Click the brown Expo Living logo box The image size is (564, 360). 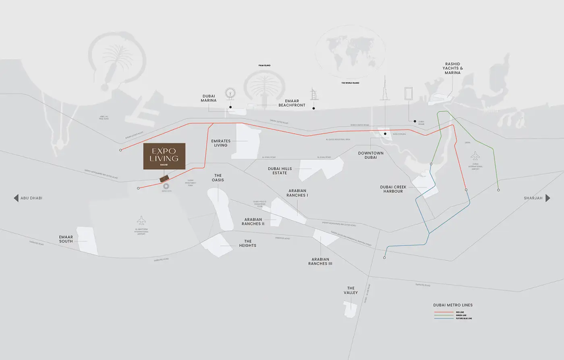(164, 156)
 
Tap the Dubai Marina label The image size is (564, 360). (209, 98)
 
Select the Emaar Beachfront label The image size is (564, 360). (292, 103)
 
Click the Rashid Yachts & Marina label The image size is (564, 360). (452, 69)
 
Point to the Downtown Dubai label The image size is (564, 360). (371, 155)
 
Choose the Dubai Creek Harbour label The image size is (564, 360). (393, 189)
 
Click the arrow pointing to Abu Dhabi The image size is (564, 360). (16, 198)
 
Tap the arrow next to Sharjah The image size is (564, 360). (547, 198)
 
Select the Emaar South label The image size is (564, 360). (66, 239)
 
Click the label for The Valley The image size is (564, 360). (350, 290)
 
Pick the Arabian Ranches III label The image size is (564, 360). (320, 261)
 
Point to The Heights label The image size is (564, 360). (247, 243)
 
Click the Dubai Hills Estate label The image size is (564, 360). (280, 171)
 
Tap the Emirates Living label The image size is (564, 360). (221, 143)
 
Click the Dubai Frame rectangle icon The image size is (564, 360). (408, 93)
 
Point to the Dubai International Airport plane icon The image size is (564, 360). (475, 156)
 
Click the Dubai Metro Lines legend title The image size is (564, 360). (453, 305)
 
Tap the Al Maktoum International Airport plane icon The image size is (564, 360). (141, 221)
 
